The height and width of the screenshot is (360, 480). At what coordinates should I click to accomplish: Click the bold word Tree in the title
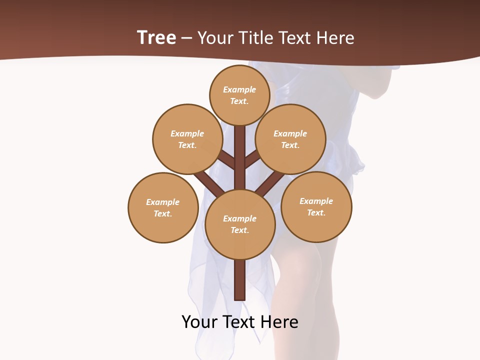pos(156,37)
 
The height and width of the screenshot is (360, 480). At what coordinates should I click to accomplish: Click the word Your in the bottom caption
pos(200,321)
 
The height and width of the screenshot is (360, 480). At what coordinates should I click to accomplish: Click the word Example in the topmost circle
pos(239,89)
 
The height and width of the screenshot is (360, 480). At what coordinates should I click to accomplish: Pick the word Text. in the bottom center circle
pos(240,230)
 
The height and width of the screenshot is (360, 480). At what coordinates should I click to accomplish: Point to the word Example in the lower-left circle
pos(162,202)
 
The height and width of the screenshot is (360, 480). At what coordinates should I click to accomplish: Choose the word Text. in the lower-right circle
pos(316,212)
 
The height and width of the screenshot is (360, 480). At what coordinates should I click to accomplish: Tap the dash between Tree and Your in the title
pos(186,38)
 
